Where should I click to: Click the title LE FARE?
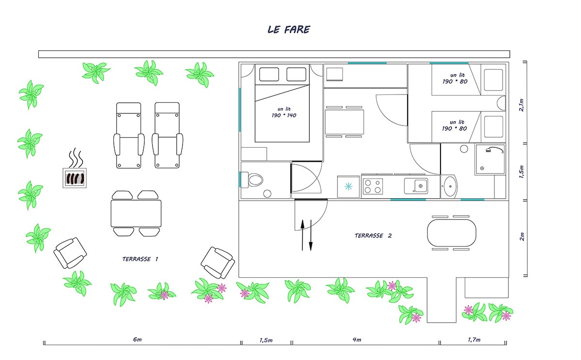pyautogui.click(x=289, y=30)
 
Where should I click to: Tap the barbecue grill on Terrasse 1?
pyautogui.click(x=75, y=178)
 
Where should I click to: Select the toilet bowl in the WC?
pyautogui.click(x=255, y=180)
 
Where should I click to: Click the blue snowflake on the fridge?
pyautogui.click(x=348, y=187)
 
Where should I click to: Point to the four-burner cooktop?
pyautogui.click(x=372, y=187)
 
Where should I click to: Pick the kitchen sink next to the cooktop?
pyautogui.click(x=416, y=186)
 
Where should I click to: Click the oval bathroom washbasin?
pyautogui.click(x=450, y=187)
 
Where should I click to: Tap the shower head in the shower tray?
pyautogui.click(x=489, y=150)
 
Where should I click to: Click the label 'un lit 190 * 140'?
pyautogui.click(x=284, y=112)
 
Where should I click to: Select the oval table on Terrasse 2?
pyautogui.click(x=452, y=233)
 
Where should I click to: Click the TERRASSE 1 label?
pyautogui.click(x=140, y=259)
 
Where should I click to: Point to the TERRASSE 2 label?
pyautogui.click(x=373, y=235)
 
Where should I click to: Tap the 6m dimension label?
pyautogui.click(x=137, y=340)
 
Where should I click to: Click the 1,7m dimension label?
pyautogui.click(x=474, y=340)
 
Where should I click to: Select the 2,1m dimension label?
pyautogui.click(x=521, y=105)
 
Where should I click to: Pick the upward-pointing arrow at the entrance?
pyautogui.click(x=303, y=235)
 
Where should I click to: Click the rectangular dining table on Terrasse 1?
pyautogui.click(x=136, y=214)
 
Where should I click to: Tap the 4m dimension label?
pyautogui.click(x=357, y=340)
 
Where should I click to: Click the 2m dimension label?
pyautogui.click(x=521, y=237)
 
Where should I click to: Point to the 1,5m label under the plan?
pyautogui.click(x=266, y=340)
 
